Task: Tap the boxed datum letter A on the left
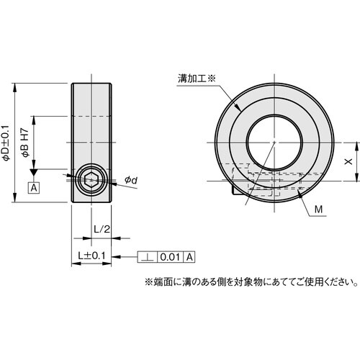pos(33,188)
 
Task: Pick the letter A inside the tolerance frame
pos(189,256)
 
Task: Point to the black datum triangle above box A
pos(33,174)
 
